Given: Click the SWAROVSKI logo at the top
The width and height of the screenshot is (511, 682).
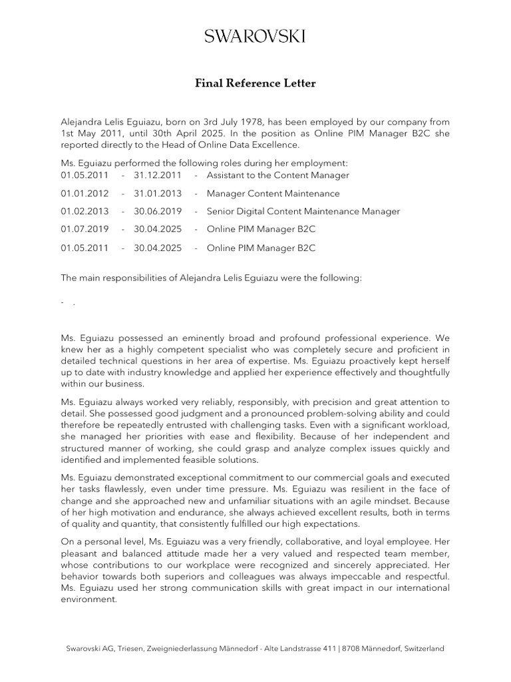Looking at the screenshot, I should [x=255, y=36].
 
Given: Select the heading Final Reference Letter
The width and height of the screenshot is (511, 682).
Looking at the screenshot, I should [x=255, y=83].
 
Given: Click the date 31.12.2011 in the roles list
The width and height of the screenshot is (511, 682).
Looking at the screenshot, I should [x=157, y=175].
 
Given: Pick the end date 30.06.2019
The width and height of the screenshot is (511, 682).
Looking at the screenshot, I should [x=157, y=211].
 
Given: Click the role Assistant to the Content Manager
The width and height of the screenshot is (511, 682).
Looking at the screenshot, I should [x=277, y=175].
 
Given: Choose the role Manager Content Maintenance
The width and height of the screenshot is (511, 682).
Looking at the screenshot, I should [x=273, y=193].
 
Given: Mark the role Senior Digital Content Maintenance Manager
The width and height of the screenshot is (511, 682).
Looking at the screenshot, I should [x=303, y=211].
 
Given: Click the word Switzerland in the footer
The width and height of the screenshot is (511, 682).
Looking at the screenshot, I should [x=421, y=648].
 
